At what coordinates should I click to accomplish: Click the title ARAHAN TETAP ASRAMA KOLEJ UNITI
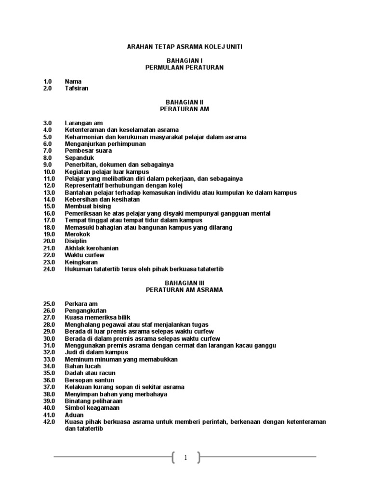185,47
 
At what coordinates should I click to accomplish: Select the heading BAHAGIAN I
185,61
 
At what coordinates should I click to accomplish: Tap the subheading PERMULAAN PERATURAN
185,67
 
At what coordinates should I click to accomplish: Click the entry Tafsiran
77,89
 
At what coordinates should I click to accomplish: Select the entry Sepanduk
79,158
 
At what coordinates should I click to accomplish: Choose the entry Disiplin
77,241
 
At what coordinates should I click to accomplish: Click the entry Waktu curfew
84,255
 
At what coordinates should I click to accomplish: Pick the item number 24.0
49,269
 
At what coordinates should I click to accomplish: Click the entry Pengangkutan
86,311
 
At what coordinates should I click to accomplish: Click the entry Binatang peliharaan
93,401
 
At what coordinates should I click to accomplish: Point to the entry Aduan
74,415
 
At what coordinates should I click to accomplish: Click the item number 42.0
49,422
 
